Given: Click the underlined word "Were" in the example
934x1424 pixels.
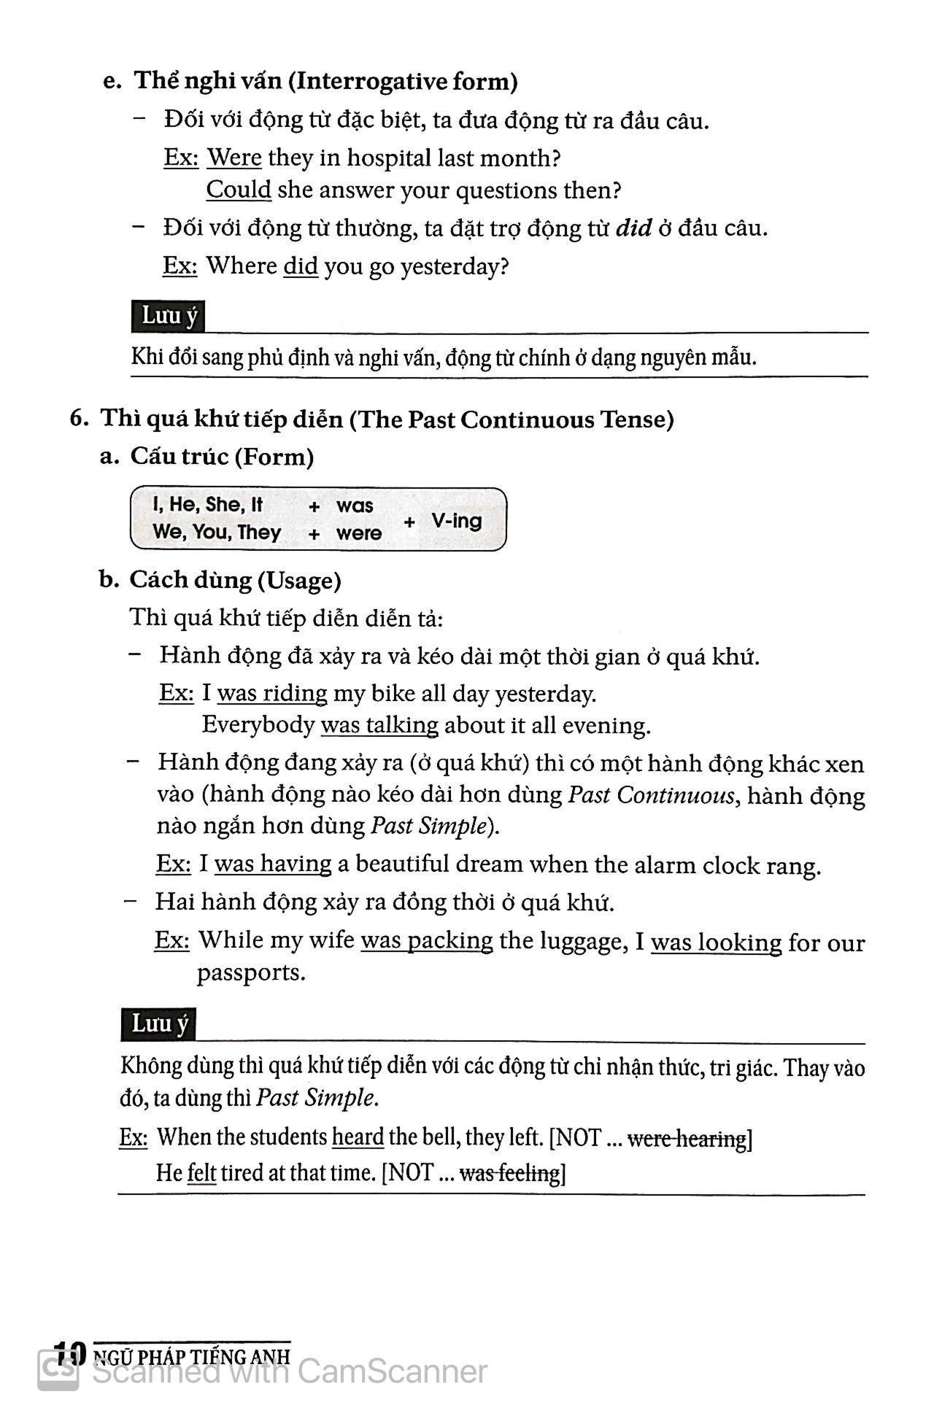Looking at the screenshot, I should point(234,158).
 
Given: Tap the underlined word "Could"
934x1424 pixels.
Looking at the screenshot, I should point(239,190).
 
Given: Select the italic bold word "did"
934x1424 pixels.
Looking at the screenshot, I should point(633,228).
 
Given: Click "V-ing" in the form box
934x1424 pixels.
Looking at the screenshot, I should point(456,521).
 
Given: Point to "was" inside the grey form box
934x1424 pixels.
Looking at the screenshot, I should point(355,506).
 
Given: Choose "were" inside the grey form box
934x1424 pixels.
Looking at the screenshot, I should point(359,533).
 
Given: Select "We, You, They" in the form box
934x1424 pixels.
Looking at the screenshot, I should point(217,533).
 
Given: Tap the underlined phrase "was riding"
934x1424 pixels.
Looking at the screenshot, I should point(272,693).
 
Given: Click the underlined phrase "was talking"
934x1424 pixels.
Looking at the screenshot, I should point(379,725).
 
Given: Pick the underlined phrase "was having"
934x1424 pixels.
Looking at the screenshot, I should point(273,864).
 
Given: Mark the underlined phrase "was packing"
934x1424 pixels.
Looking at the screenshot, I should point(427,940).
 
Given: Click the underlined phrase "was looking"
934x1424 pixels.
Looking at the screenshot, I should point(716,943).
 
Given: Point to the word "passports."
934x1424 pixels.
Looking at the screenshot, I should point(251,972).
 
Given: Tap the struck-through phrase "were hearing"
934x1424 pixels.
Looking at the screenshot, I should point(687,1138).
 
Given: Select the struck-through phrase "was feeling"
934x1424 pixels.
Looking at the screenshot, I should point(509,1173).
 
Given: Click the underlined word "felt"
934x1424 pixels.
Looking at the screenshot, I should point(201,1173).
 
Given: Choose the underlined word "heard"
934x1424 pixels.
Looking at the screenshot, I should point(358,1137).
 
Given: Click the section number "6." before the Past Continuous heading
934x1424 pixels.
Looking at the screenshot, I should point(79,419).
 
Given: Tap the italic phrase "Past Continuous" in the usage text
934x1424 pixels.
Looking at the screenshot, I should point(651,794).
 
